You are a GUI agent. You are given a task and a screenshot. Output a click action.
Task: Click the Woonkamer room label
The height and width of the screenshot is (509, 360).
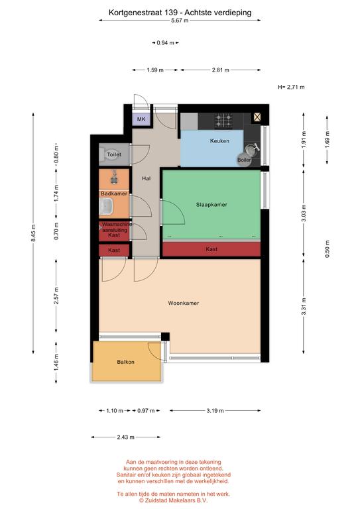click(184, 303)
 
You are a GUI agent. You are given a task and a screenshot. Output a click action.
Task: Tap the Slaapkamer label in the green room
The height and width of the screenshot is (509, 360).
click(211, 205)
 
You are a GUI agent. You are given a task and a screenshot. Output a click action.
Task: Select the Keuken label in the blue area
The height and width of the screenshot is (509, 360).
click(219, 141)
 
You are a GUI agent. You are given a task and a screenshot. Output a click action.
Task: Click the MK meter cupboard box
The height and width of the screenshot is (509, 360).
click(141, 119)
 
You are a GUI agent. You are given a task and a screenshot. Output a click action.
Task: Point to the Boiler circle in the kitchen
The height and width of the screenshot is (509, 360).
click(244, 160)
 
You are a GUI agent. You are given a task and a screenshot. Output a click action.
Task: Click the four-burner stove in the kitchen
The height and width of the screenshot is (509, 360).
click(223, 121)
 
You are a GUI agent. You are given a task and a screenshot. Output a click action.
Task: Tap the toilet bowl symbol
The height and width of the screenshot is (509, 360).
click(103, 155)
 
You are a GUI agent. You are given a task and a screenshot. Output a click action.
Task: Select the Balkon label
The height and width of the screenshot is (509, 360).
click(125, 362)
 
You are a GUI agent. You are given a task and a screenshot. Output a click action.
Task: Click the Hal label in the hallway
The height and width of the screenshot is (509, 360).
click(146, 178)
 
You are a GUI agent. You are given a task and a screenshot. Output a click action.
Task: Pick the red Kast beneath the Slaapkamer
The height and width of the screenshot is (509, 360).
click(211, 249)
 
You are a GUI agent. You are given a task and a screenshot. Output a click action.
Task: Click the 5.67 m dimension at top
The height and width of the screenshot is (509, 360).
click(180, 21)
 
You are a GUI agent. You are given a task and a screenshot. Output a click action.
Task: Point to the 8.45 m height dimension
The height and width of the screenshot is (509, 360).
click(33, 233)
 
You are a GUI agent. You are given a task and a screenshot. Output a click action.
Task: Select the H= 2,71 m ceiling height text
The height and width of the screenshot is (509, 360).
click(291, 87)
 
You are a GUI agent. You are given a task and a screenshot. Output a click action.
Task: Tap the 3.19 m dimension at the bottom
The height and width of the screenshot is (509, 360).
click(215, 411)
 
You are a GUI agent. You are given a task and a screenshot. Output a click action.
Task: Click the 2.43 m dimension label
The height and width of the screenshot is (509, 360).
click(125, 437)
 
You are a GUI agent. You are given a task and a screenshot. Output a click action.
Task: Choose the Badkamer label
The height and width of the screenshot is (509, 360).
click(114, 194)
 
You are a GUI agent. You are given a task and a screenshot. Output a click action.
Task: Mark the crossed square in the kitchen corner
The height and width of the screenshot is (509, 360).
click(257, 117)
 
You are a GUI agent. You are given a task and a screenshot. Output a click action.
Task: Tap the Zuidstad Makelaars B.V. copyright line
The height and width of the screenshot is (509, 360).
click(173, 500)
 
